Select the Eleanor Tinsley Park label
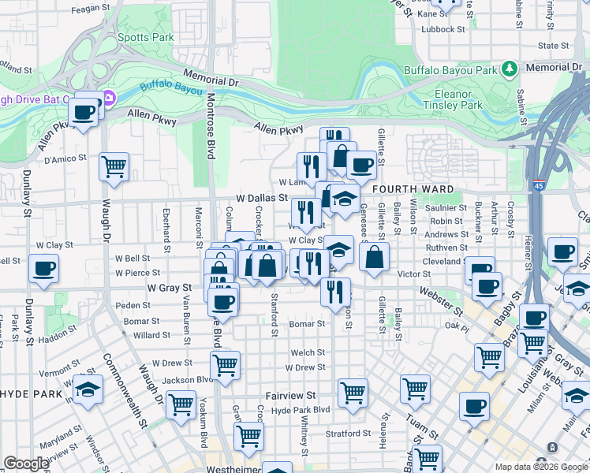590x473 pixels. (x=452, y=98)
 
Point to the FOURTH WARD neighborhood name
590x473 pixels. (x=413, y=189)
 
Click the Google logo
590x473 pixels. (x=26, y=464)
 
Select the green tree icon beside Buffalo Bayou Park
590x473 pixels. (x=510, y=69)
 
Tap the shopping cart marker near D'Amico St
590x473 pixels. (x=114, y=166)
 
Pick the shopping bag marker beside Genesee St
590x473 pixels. (x=375, y=256)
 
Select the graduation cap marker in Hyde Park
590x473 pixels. (x=88, y=389)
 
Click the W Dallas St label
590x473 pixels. (x=260, y=199)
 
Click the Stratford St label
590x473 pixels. (x=349, y=433)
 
